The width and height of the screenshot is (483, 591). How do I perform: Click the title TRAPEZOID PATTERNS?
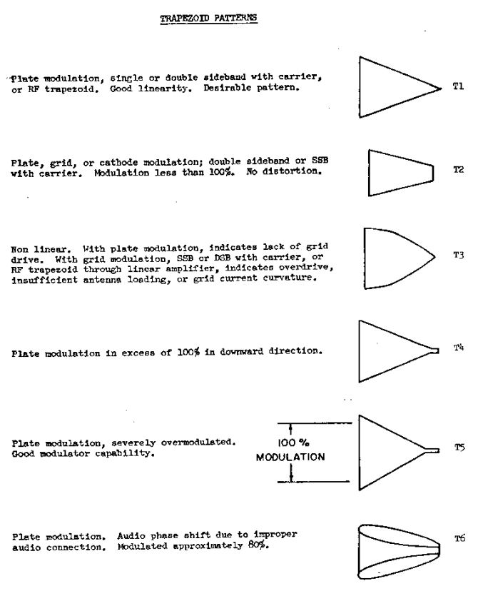click(x=208, y=19)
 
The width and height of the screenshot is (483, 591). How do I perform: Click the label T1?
click(x=458, y=86)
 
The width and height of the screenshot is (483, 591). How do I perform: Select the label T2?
click(x=459, y=170)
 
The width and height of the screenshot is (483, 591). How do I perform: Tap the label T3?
click(x=459, y=255)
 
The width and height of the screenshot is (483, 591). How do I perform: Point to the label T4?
click(x=459, y=348)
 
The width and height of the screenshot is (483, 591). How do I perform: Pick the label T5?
click(x=459, y=448)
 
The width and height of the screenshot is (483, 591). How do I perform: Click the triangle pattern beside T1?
click(x=392, y=87)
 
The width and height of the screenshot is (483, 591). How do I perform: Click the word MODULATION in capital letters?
click(x=290, y=458)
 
